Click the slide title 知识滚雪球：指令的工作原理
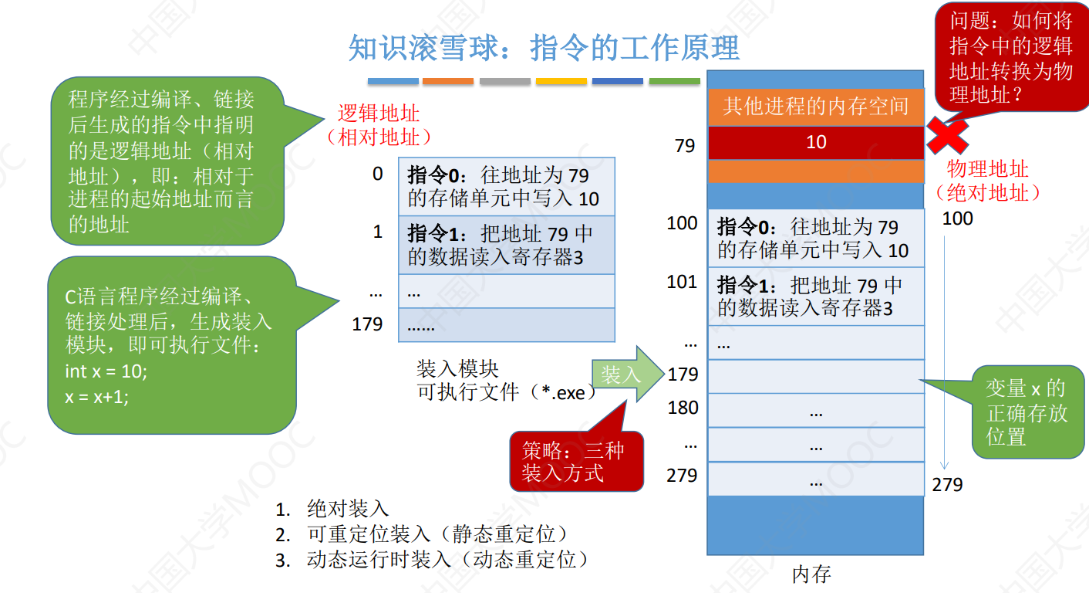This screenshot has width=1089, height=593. [544, 48]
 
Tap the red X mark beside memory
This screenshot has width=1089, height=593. [947, 137]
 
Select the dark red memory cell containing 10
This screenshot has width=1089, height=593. [815, 142]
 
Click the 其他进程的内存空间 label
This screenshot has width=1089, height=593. [815, 107]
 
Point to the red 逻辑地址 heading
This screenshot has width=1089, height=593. [378, 114]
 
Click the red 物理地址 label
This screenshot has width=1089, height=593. [988, 170]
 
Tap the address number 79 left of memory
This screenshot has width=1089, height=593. [685, 145]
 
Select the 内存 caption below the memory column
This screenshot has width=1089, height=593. [811, 574]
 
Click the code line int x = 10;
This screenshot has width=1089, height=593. [106, 371]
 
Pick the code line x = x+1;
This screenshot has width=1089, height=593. [97, 397]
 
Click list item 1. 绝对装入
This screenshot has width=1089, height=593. [332, 509]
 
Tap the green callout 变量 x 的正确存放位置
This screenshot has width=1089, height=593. [1027, 412]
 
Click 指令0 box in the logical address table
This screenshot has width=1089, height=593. [506, 186]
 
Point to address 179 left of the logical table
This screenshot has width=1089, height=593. [367, 324]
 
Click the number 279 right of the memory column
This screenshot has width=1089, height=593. [947, 484]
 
